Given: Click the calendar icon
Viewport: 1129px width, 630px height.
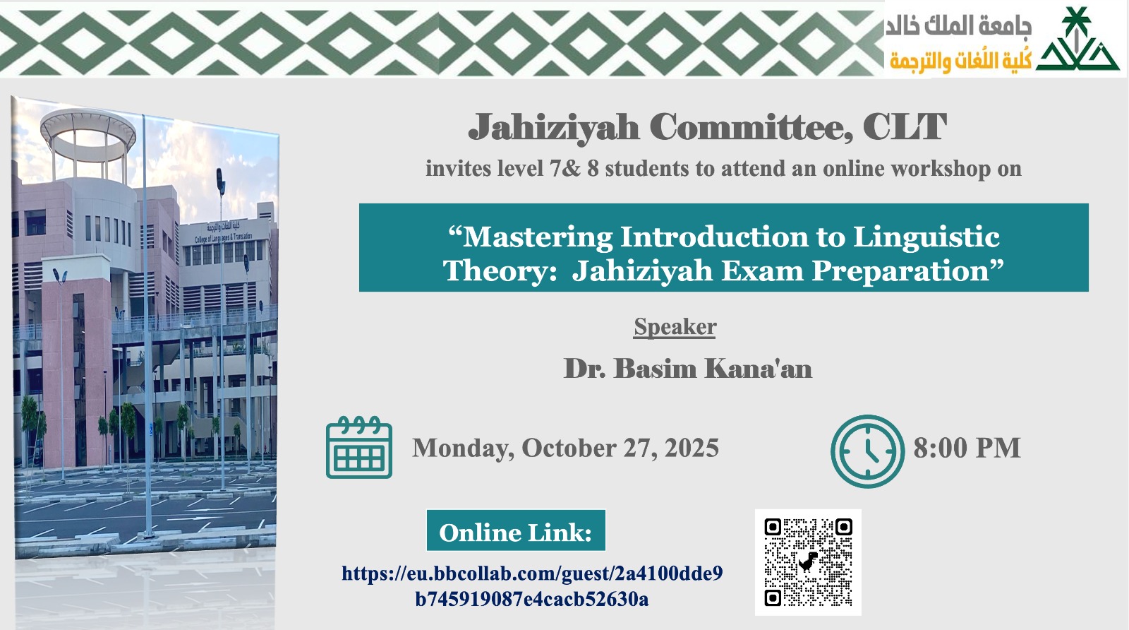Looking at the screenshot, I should click(x=358, y=448).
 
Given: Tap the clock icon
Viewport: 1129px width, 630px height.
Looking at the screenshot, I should click(x=867, y=451).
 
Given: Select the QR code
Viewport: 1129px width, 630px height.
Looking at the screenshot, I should click(x=808, y=562).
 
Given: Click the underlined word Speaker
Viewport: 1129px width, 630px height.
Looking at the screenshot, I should click(x=675, y=327).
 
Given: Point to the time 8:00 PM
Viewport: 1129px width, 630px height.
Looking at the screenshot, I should click(x=967, y=448).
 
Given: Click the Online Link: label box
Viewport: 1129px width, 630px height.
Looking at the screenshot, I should click(x=516, y=531).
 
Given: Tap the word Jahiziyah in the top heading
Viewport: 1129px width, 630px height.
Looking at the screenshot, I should click(x=554, y=128).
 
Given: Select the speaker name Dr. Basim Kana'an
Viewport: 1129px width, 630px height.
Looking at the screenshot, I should click(x=687, y=369).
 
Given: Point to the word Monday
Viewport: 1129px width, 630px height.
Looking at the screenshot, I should click(x=462, y=448).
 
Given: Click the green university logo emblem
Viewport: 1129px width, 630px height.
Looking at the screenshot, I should click(x=1077, y=41).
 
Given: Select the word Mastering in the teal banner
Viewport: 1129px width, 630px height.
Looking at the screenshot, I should click(x=538, y=237).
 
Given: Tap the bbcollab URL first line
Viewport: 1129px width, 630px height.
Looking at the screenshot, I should click(x=532, y=573).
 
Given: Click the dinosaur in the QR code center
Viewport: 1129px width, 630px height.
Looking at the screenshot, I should click(x=808, y=561).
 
